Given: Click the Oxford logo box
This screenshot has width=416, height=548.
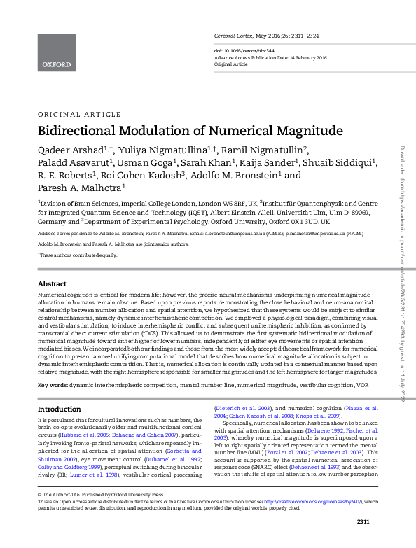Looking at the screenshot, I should pos(56,52).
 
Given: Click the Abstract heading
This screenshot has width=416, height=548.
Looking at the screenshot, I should pos(52,284).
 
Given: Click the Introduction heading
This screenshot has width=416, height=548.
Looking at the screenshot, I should pos(59,409).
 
